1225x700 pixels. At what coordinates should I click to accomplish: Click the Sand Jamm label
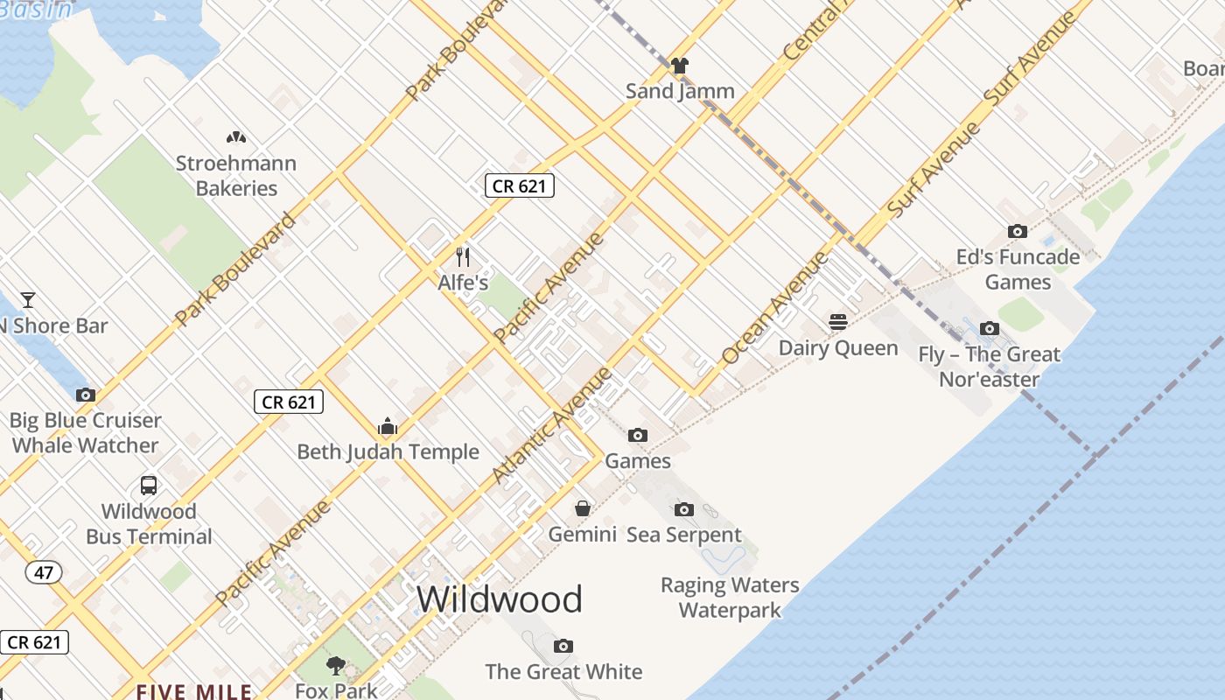(680, 91)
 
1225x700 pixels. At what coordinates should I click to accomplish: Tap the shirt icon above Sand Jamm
(680, 66)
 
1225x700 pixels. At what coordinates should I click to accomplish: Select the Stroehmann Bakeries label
(236, 175)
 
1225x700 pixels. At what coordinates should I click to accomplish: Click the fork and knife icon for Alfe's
(463, 257)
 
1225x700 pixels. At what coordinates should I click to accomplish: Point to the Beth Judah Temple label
(388, 451)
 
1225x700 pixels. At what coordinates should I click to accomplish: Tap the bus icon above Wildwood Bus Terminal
(149, 486)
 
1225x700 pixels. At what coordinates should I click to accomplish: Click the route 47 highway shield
(44, 573)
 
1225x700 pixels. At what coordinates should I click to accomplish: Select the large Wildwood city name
(499, 599)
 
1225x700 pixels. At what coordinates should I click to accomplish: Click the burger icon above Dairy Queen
(838, 322)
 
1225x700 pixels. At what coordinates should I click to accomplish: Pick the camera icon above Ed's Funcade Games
(1017, 232)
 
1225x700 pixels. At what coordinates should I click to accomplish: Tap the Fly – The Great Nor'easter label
(989, 367)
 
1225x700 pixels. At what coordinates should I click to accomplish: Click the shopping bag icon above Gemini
(583, 508)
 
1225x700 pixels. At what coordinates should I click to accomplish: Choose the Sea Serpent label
(683, 535)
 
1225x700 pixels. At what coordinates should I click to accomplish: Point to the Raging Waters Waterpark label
(730, 597)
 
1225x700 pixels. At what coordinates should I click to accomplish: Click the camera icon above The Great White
(563, 647)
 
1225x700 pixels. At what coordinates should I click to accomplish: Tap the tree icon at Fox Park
(335, 667)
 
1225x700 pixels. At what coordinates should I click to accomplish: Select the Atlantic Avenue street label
(553, 425)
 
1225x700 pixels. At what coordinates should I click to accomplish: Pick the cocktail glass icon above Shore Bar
(28, 300)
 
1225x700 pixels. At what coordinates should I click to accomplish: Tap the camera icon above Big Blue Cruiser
(86, 395)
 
